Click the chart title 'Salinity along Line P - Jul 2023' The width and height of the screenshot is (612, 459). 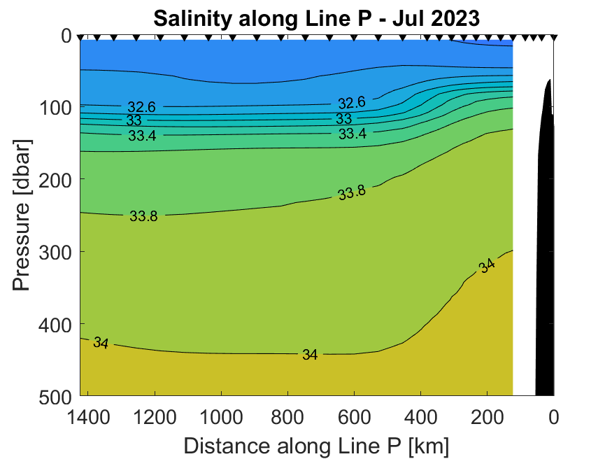point(316,17)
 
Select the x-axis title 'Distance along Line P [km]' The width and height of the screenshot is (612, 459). point(316,445)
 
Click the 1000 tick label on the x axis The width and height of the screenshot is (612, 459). point(221,418)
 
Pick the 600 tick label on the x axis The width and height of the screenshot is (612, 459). point(354,418)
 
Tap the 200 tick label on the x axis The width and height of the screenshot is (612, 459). point(488,418)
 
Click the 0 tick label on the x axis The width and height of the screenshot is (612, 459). point(554,418)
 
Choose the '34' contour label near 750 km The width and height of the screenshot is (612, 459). point(311,355)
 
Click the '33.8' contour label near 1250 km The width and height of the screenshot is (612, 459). point(143,216)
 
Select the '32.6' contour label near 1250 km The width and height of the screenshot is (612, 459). point(141,107)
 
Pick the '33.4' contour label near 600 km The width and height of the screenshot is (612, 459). point(353,134)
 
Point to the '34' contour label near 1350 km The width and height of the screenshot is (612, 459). point(101,343)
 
